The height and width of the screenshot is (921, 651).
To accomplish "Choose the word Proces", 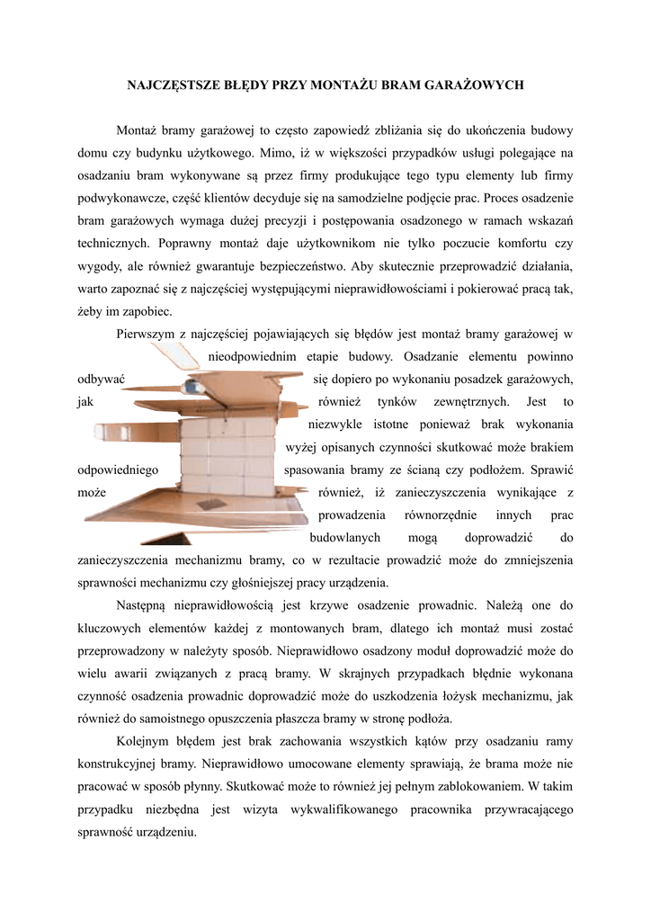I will tap(504, 198).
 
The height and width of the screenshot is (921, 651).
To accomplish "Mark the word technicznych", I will tap(113, 243).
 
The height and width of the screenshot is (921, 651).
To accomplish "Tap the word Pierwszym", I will tap(147, 334).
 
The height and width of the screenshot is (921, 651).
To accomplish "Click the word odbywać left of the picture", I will tap(101, 379).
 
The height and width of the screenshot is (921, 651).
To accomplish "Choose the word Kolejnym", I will tap(145, 741).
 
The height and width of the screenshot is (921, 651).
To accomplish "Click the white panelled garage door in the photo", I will tap(226, 459).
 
